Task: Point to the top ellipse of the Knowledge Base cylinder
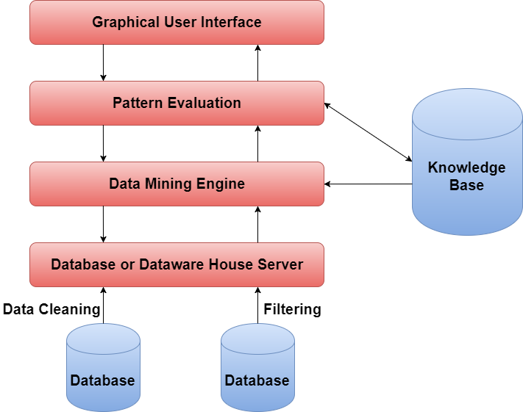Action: (x=466, y=114)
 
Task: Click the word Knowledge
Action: (x=466, y=167)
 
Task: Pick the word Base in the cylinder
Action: (x=466, y=184)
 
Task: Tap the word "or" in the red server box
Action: (x=127, y=264)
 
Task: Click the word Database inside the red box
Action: (x=82, y=264)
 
